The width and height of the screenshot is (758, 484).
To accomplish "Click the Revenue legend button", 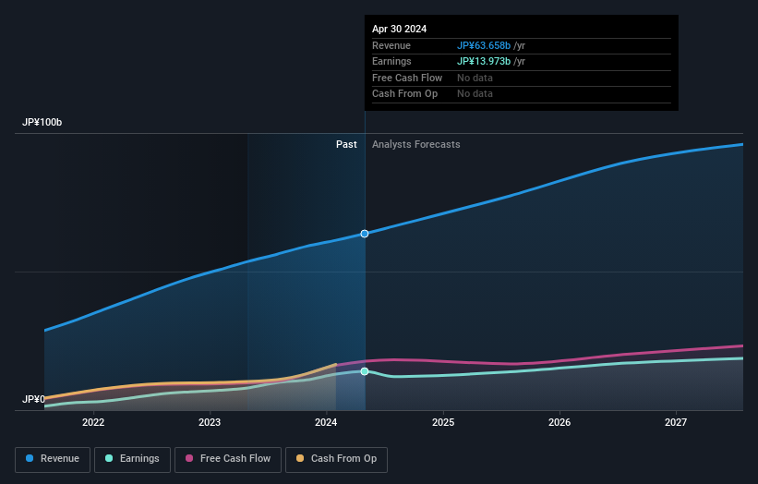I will pos(53,458).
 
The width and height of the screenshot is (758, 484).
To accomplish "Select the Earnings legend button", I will pos(132,458).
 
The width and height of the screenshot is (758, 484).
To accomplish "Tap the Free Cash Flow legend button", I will pos(227,458).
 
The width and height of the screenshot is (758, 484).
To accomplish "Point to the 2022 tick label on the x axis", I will pos(93,423).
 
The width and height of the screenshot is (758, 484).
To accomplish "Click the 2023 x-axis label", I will pos(210,423).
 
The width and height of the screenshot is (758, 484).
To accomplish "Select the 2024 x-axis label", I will pos(326,423).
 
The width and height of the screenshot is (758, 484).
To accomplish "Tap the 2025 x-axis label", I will pos(443,423).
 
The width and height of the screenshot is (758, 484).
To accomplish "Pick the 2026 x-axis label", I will pos(559,423).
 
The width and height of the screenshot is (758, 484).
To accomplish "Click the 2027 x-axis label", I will pos(676,423).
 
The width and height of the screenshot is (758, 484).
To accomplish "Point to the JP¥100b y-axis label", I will pos(42,123).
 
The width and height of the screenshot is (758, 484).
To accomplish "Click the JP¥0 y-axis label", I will pos(33,399).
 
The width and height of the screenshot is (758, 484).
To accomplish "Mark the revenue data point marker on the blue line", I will pos(365,234).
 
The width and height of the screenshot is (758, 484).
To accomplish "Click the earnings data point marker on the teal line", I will pos(365,371).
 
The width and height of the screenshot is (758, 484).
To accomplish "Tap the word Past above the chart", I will pos(346,144).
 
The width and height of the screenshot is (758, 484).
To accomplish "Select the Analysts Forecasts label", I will pos(415,144).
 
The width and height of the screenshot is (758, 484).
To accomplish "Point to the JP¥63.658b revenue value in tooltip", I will pos(485,45).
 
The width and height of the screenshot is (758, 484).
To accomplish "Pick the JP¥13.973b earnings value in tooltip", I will pos(485,61).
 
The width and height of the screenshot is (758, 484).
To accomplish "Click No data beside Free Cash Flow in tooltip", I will pos(475,78).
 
